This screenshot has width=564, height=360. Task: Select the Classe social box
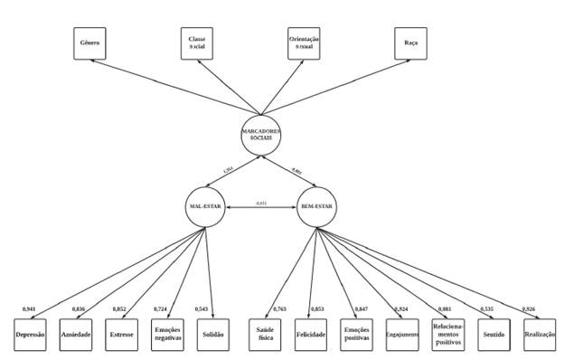tap(198, 43)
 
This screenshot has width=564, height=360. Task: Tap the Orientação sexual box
tap(304, 43)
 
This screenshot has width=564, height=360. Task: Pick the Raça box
tap(410, 43)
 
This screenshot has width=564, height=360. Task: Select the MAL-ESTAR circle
tap(207, 205)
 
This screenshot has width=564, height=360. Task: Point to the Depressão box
tap(30, 335)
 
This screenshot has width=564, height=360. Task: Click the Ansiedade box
tap(77, 335)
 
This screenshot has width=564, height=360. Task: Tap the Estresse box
tap(123, 335)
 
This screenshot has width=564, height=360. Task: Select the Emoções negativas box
tap(169, 335)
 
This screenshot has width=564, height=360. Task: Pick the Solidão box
tap(215, 335)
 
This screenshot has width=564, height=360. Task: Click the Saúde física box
tap(264, 335)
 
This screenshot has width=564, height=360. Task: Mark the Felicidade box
tap(310, 335)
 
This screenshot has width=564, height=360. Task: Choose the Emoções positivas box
tap(356, 335)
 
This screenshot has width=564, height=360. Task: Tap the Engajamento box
tap(402, 335)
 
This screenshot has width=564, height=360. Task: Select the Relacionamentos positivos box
tap(448, 335)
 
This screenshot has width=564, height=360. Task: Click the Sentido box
tap(494, 335)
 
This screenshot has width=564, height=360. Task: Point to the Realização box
tap(540, 335)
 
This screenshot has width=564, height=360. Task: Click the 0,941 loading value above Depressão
tap(29, 309)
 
